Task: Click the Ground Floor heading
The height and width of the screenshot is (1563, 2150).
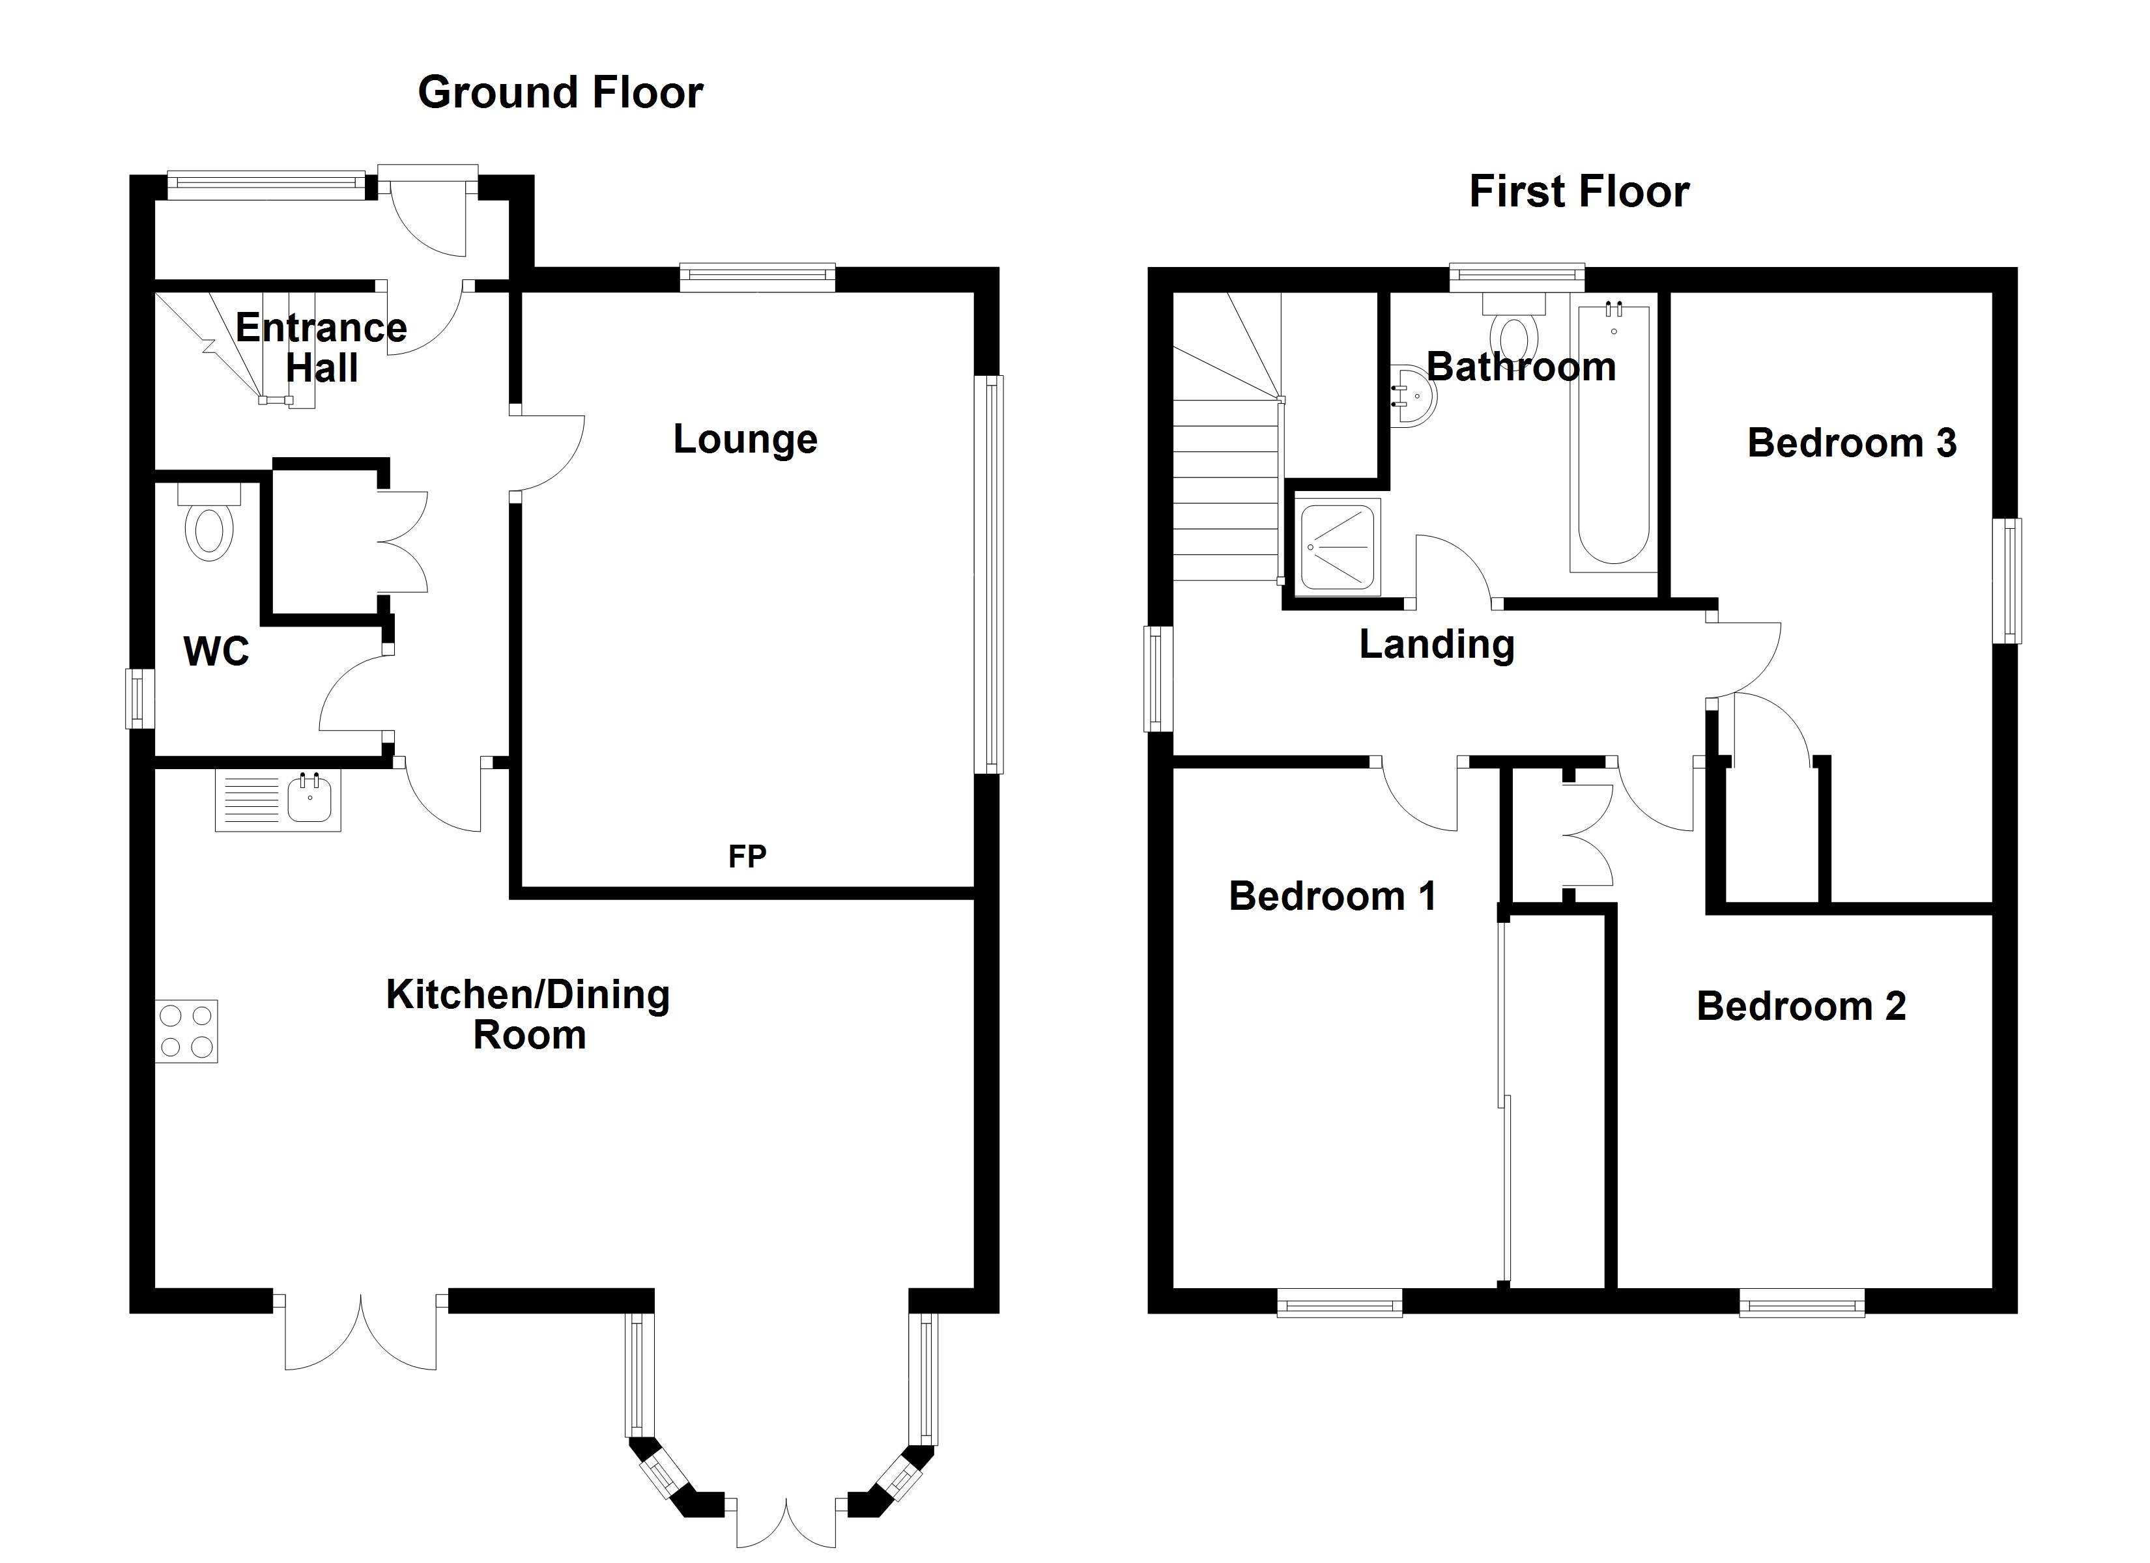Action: pyautogui.click(x=560, y=93)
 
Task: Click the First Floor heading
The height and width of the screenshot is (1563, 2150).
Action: pyautogui.click(x=1579, y=191)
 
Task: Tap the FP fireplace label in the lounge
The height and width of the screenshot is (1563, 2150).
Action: pyautogui.click(x=747, y=857)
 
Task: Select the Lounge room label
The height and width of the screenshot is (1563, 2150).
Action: pyautogui.click(x=745, y=439)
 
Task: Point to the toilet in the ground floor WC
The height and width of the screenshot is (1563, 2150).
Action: pyautogui.click(x=210, y=522)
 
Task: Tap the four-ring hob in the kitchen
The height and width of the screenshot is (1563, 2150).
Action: pyautogui.click(x=187, y=1032)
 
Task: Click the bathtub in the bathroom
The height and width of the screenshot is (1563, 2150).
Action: pyautogui.click(x=1612, y=438)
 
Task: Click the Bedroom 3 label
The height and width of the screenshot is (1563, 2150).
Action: pyautogui.click(x=1852, y=443)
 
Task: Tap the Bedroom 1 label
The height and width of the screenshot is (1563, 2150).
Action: pyautogui.click(x=1332, y=895)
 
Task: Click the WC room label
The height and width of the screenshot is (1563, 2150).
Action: pyautogui.click(x=216, y=651)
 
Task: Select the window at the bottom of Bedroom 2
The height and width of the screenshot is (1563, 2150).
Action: pyautogui.click(x=1802, y=1302)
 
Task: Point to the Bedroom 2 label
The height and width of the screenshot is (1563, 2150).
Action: pyautogui.click(x=1801, y=1006)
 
